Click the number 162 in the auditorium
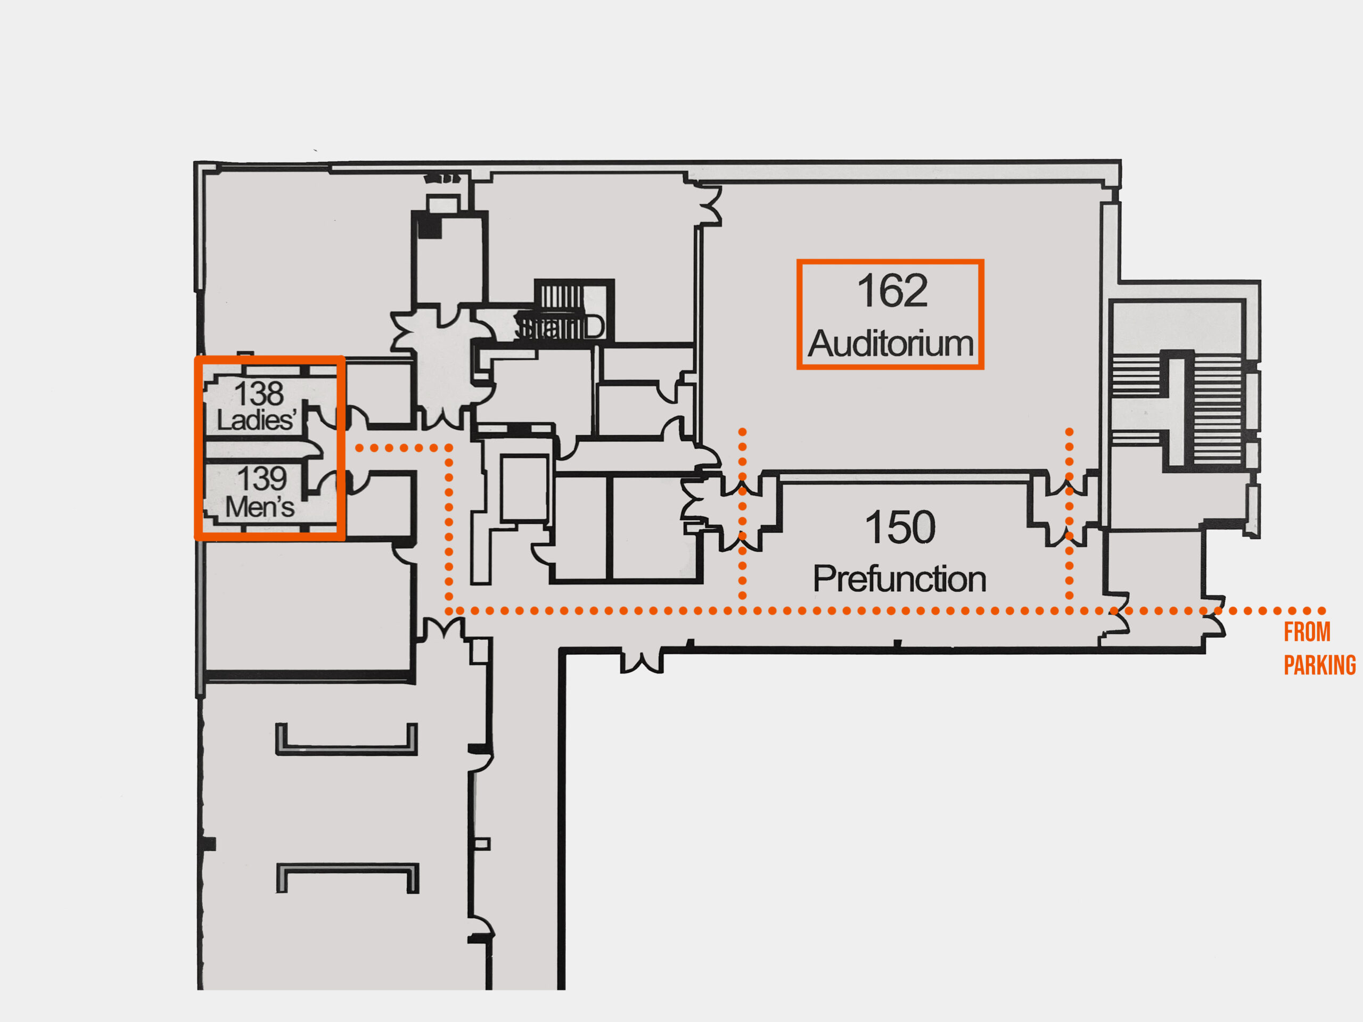click(x=892, y=291)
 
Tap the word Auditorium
click(x=890, y=344)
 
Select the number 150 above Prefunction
click(x=900, y=528)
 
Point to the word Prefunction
click(x=899, y=579)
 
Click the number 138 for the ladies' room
click(x=259, y=393)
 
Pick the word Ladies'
click(x=256, y=420)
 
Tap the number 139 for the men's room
click(x=262, y=479)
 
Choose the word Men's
click(x=259, y=507)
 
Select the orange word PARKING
click(x=1319, y=666)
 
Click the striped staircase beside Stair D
click(x=561, y=296)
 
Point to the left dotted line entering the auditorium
click(x=743, y=456)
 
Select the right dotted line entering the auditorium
click(x=1069, y=456)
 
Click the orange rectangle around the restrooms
click(x=270, y=358)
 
